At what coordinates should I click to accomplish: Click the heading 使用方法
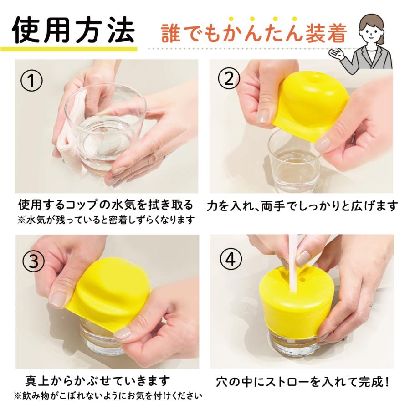coord(73,30)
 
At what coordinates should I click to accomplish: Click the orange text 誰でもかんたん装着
coord(254,33)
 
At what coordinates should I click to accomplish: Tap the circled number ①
coord(31,81)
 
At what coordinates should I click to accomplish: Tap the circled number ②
coord(229,79)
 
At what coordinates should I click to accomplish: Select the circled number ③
coord(33,261)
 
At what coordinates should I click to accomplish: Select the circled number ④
coord(231,259)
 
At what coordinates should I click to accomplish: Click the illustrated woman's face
coord(372,31)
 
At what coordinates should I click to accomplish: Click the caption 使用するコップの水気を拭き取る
coord(106,205)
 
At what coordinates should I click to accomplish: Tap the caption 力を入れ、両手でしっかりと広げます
coord(302,206)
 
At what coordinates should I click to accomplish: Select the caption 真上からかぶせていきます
coord(97,381)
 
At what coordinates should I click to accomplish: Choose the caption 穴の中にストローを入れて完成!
coord(302,382)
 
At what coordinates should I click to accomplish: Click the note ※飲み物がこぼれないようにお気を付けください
coord(108,395)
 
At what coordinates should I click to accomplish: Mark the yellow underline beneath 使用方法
coord(69,49)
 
